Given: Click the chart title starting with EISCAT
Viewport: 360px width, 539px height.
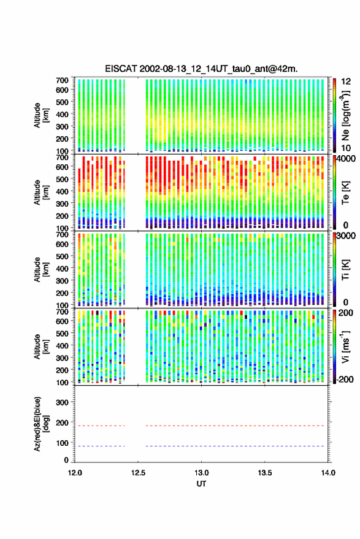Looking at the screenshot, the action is (x=201, y=69).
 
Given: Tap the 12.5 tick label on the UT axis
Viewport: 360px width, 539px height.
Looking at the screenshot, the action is (x=138, y=473).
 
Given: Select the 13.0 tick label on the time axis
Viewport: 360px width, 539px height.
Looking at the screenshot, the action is (x=201, y=473).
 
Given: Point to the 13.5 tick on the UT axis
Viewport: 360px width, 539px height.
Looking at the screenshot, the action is (x=264, y=473).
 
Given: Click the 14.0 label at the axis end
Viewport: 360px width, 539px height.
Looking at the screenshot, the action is (x=328, y=473).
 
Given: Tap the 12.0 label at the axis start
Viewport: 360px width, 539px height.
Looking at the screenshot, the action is (x=75, y=473).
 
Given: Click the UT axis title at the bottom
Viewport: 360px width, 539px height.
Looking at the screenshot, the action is (x=201, y=484).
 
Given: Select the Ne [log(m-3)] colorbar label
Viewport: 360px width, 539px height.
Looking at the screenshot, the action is (x=345, y=115).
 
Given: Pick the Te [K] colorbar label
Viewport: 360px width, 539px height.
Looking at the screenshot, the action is (x=345, y=193).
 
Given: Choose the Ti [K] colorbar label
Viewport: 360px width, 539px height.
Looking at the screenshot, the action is (x=345, y=270).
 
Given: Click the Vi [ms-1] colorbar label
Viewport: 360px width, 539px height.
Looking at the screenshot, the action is (x=345, y=347).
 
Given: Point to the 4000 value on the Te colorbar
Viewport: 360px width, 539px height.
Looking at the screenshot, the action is (x=347, y=159).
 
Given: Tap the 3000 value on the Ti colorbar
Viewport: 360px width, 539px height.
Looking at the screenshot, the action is (x=347, y=236).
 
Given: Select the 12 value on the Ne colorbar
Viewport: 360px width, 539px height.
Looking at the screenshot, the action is (x=346, y=82).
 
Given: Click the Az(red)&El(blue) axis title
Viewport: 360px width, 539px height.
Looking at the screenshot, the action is (x=40, y=424).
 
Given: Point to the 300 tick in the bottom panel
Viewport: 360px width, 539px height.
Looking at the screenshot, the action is (x=62, y=402).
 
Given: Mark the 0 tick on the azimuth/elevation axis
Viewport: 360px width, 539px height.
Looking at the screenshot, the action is (x=66, y=460).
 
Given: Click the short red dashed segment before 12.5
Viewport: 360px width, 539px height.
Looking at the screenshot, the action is (x=100, y=426).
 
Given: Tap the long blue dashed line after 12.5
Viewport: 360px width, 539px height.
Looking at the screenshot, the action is (x=235, y=446).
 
